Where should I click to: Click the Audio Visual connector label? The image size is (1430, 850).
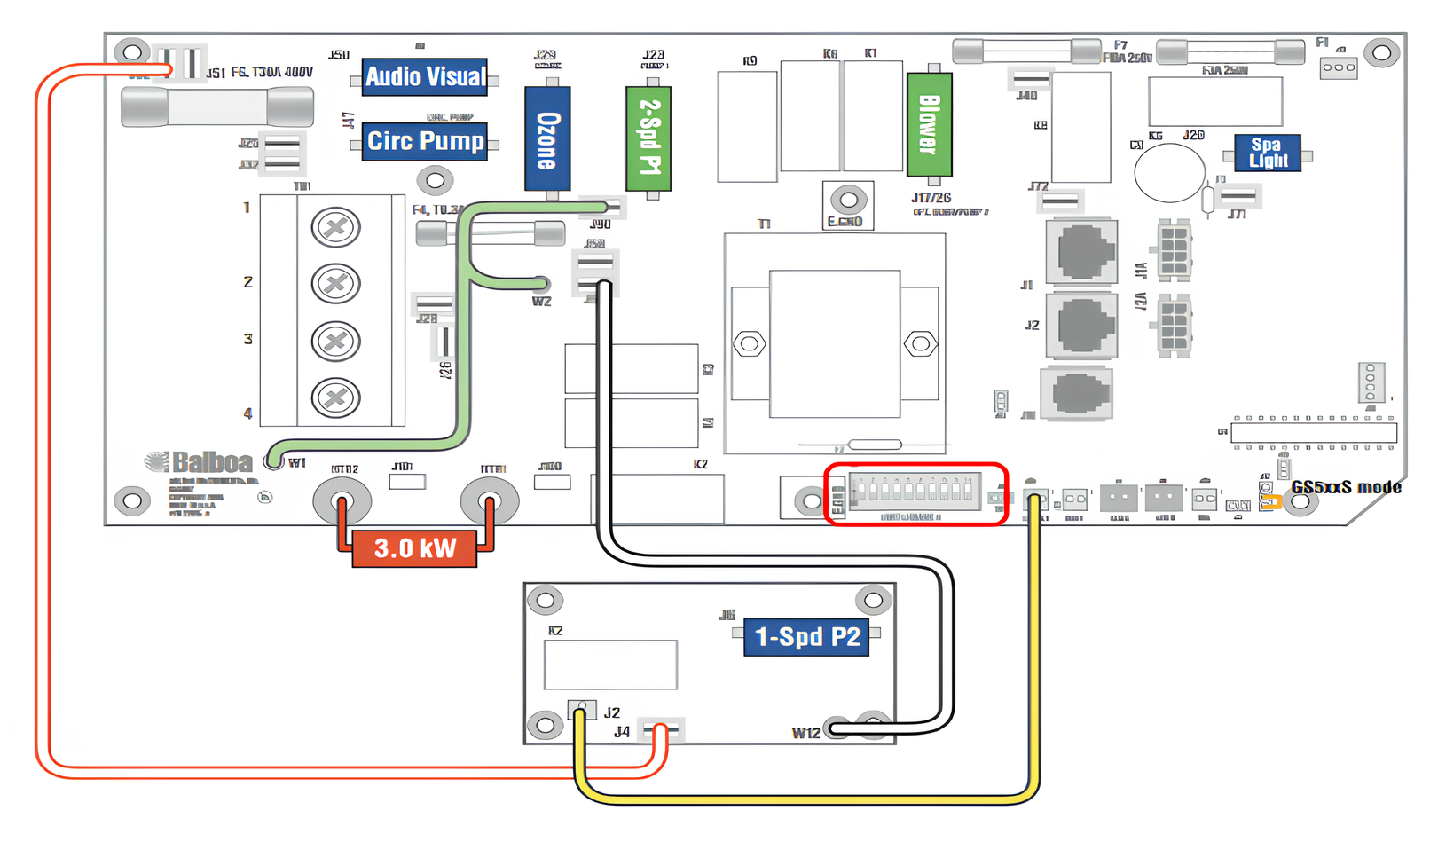tap(425, 77)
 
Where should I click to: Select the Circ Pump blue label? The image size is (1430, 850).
tap(425, 141)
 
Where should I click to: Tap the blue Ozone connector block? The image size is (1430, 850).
tap(547, 139)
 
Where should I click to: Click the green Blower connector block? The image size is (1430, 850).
tap(929, 125)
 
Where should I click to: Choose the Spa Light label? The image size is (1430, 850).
tap(1267, 153)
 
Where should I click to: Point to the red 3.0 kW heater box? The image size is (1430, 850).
tap(414, 548)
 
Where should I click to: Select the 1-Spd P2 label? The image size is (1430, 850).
tap(805, 637)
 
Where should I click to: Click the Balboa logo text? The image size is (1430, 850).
tap(211, 462)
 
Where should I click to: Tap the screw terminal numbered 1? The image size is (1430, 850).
tap(335, 227)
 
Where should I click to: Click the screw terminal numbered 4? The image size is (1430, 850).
tap(335, 397)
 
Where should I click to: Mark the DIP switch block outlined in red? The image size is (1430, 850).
tap(915, 493)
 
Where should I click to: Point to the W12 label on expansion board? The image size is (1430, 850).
tap(805, 733)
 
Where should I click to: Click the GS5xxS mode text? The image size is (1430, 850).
tap(1346, 487)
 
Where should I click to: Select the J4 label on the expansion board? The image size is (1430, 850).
tap(622, 732)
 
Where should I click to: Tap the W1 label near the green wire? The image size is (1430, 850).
tap(297, 463)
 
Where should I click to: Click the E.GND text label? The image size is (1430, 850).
tap(845, 222)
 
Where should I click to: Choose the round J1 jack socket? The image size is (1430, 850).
tap(1081, 252)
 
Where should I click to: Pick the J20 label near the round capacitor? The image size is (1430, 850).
tap(1193, 136)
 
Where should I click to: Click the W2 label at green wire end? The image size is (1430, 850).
tap(541, 302)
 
